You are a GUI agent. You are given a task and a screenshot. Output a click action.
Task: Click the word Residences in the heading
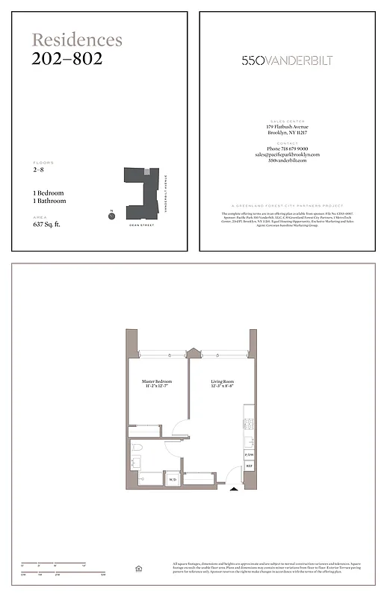click(x=77, y=40)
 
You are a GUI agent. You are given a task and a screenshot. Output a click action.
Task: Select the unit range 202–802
click(x=67, y=58)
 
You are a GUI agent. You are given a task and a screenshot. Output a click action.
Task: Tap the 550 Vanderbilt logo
click(x=287, y=60)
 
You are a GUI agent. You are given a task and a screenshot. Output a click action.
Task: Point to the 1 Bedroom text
click(x=49, y=193)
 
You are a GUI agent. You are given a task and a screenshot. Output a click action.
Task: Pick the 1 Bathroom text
click(x=50, y=201)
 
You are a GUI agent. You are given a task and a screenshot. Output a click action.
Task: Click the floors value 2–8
click(x=38, y=170)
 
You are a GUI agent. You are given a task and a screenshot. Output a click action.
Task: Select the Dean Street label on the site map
click(x=140, y=224)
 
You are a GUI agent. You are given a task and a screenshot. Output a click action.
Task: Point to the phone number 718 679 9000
click(x=287, y=149)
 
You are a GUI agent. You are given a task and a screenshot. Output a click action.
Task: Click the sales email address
click(x=287, y=155)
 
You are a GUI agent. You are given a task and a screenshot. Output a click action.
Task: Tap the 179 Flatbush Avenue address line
click(x=287, y=127)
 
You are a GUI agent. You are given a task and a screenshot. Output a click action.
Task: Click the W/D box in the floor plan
click(x=172, y=479)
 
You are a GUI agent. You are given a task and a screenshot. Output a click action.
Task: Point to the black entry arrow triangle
click(x=235, y=490)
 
